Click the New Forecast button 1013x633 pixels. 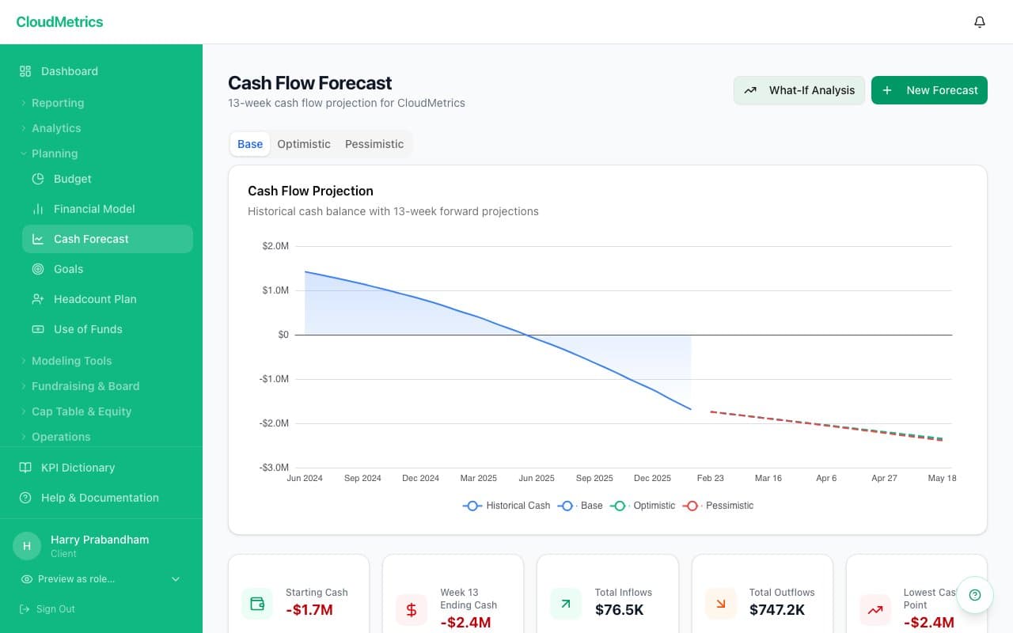coord(929,90)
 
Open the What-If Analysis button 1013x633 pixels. coord(799,90)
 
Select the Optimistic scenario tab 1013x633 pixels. coord(304,144)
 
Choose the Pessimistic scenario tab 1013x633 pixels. coord(374,144)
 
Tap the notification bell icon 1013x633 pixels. coord(980,22)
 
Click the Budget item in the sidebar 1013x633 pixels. coord(73,179)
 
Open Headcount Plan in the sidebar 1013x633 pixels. coord(95,299)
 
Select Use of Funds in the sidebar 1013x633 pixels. coord(88,329)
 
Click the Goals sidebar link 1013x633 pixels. coord(68,269)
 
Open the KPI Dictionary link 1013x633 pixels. coord(78,468)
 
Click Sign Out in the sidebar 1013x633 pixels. coord(55,609)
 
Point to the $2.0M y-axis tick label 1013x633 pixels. coord(275,246)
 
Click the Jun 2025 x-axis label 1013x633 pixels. coord(537,478)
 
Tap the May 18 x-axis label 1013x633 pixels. coord(942,478)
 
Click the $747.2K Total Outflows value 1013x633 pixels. coord(777,609)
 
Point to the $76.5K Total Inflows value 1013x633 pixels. coord(620,609)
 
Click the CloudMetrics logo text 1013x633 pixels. coord(59,22)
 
